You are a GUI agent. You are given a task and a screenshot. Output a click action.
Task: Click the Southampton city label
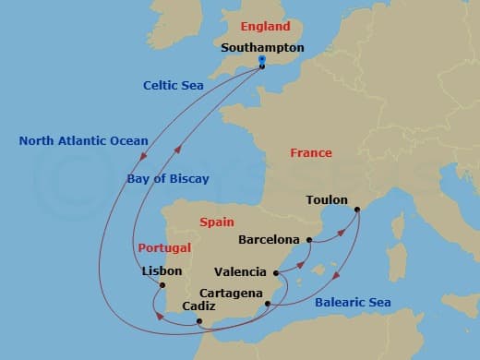click(x=263, y=47)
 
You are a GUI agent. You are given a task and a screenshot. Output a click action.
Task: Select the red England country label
click(x=265, y=27)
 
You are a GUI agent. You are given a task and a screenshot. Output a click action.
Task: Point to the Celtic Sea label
click(x=173, y=85)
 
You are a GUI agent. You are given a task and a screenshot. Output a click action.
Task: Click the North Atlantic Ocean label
click(x=83, y=141)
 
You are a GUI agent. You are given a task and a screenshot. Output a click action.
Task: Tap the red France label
click(x=311, y=153)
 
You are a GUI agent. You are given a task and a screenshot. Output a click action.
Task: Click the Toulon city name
click(x=327, y=198)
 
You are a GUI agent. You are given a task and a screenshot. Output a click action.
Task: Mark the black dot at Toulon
click(x=357, y=209)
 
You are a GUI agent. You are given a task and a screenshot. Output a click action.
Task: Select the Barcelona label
click(x=269, y=239)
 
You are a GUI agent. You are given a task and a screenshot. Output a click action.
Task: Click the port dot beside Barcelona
click(x=309, y=241)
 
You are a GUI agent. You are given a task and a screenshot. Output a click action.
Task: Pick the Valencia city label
click(x=240, y=272)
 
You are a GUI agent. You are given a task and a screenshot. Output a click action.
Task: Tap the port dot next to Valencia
click(x=276, y=273)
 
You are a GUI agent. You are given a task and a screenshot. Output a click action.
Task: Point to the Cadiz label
click(x=200, y=306)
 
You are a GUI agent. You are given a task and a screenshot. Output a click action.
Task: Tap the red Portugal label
click(x=164, y=247)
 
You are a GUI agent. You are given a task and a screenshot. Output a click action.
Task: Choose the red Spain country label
click(x=216, y=222)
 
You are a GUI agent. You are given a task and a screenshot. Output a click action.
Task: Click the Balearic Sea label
click(x=353, y=302)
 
